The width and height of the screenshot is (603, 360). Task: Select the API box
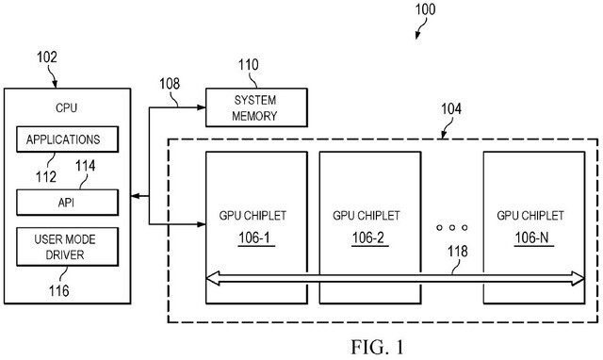(x=66, y=201)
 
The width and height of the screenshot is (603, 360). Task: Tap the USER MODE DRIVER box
(x=66, y=246)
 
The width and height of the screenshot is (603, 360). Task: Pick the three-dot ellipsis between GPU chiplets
(x=451, y=228)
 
